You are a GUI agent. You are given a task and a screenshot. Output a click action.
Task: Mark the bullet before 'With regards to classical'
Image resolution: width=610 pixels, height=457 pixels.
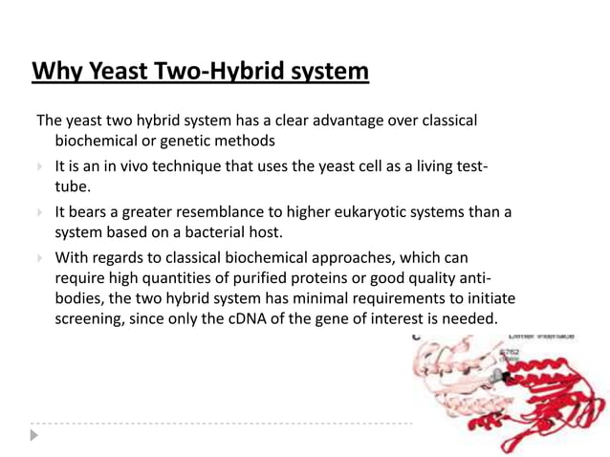(39, 257)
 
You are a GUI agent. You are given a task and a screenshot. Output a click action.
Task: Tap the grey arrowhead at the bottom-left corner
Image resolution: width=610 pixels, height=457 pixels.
(35, 435)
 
